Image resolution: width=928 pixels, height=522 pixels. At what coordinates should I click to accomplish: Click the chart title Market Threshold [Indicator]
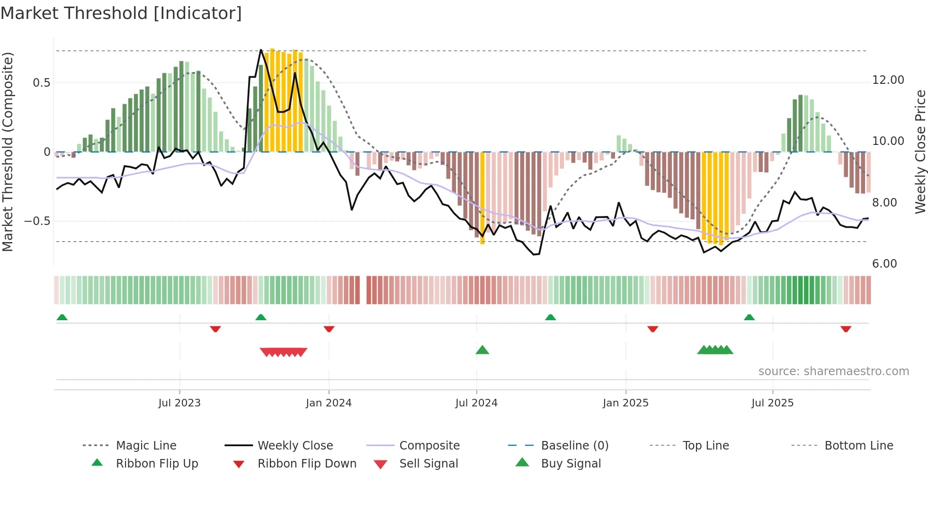click(x=121, y=13)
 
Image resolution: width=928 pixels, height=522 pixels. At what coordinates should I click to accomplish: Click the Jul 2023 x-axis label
click(x=179, y=403)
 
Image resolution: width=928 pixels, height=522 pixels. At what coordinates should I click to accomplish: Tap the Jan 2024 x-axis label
click(x=329, y=403)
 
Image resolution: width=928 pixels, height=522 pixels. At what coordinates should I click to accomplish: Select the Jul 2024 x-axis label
click(x=476, y=403)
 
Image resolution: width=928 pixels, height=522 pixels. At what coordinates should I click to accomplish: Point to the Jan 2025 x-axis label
click(x=625, y=403)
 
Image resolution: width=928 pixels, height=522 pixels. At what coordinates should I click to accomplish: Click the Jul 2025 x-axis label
click(x=772, y=403)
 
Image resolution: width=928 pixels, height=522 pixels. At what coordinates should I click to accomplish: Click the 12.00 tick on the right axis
click(x=888, y=80)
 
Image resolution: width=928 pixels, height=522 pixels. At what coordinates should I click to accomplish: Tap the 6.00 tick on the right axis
click(x=884, y=264)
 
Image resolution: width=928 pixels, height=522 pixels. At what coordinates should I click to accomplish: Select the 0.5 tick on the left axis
click(x=41, y=83)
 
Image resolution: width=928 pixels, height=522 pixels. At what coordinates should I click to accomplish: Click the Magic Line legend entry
click(x=146, y=446)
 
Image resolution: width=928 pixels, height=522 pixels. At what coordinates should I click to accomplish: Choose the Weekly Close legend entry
click(x=295, y=446)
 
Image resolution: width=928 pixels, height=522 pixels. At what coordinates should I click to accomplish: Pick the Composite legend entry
click(x=429, y=446)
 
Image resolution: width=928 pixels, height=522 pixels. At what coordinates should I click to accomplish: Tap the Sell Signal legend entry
click(x=428, y=464)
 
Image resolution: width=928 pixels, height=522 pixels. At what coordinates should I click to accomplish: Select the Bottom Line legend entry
click(x=858, y=446)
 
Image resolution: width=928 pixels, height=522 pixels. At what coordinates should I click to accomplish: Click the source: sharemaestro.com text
click(x=833, y=371)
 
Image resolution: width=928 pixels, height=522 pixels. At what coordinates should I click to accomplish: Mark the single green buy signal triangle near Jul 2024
click(x=482, y=351)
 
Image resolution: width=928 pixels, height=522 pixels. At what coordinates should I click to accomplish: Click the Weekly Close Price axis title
click(x=920, y=152)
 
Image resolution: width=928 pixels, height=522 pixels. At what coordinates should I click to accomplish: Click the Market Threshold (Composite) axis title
click(x=8, y=152)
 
